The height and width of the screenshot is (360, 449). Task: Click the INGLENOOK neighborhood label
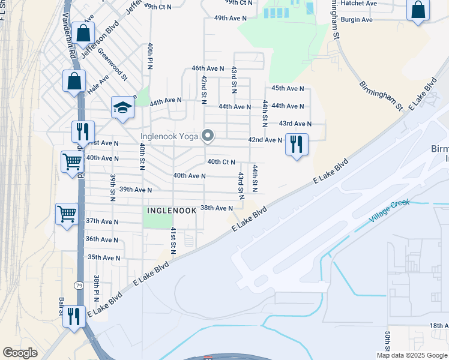(172, 211)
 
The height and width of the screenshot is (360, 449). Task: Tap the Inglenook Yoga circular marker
(208, 136)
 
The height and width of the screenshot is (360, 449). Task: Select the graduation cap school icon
(122, 108)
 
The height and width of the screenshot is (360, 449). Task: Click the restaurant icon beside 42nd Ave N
(297, 145)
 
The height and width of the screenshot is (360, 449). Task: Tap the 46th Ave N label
(208, 69)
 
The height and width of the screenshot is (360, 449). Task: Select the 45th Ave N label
(288, 88)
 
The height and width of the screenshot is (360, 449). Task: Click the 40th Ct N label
(221, 162)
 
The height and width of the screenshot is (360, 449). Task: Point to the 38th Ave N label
(216, 208)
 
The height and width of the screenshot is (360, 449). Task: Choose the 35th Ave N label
(103, 257)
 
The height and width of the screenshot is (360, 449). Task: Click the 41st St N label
(173, 241)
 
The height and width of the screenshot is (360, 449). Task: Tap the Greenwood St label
(113, 64)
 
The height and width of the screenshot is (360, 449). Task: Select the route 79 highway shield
(79, 286)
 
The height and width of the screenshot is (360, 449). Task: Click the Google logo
(20, 353)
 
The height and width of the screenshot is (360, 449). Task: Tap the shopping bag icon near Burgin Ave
(418, 11)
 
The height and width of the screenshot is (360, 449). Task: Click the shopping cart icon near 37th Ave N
(67, 214)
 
